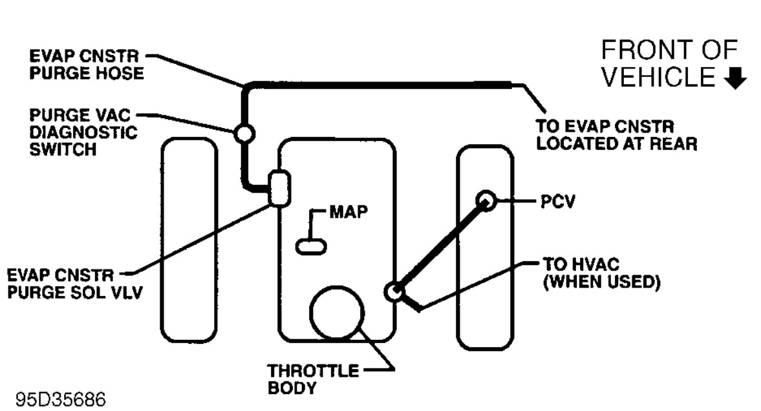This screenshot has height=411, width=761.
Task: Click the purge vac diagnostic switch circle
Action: point(245,134)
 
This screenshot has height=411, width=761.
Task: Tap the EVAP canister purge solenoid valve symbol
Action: point(279,188)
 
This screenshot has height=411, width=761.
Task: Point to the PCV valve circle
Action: point(486,201)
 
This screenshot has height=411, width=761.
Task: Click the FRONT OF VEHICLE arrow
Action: point(737,78)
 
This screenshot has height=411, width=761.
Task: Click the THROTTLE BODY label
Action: point(313,379)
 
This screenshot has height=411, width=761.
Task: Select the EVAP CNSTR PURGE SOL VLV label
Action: point(71,284)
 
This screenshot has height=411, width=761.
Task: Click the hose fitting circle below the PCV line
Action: point(394,291)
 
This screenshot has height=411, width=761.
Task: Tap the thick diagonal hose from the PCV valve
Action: point(440,246)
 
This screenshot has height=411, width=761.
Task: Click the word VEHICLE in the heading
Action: point(659,78)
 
